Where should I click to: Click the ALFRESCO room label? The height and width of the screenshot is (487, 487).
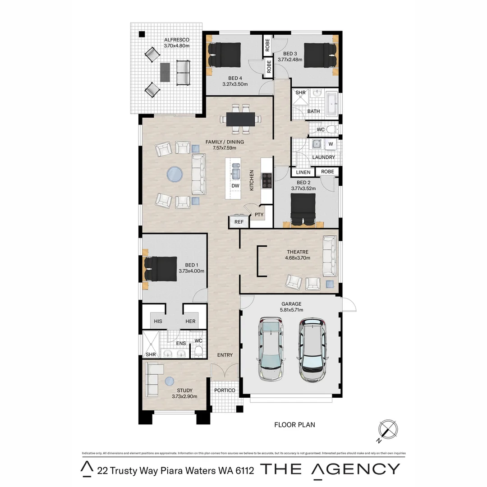tap(176, 39)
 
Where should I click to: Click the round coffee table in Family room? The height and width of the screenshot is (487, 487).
tap(175, 174)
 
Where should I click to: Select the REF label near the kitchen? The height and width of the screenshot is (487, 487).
tap(239, 222)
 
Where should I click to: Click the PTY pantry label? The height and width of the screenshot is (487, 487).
tap(259, 215)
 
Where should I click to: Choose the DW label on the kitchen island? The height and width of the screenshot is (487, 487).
tap(235, 185)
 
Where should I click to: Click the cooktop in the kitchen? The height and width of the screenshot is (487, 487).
tap(267, 180)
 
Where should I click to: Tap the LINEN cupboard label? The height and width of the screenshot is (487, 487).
tap(303, 172)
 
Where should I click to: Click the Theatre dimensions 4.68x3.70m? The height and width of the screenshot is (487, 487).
tap(297, 258)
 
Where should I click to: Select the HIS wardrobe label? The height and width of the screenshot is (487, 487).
tap(158, 321)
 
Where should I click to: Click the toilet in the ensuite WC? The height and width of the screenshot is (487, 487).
tap(198, 351)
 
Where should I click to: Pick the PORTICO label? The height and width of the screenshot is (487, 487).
tap(225, 390)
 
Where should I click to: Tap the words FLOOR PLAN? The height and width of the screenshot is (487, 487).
tap(294, 424)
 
